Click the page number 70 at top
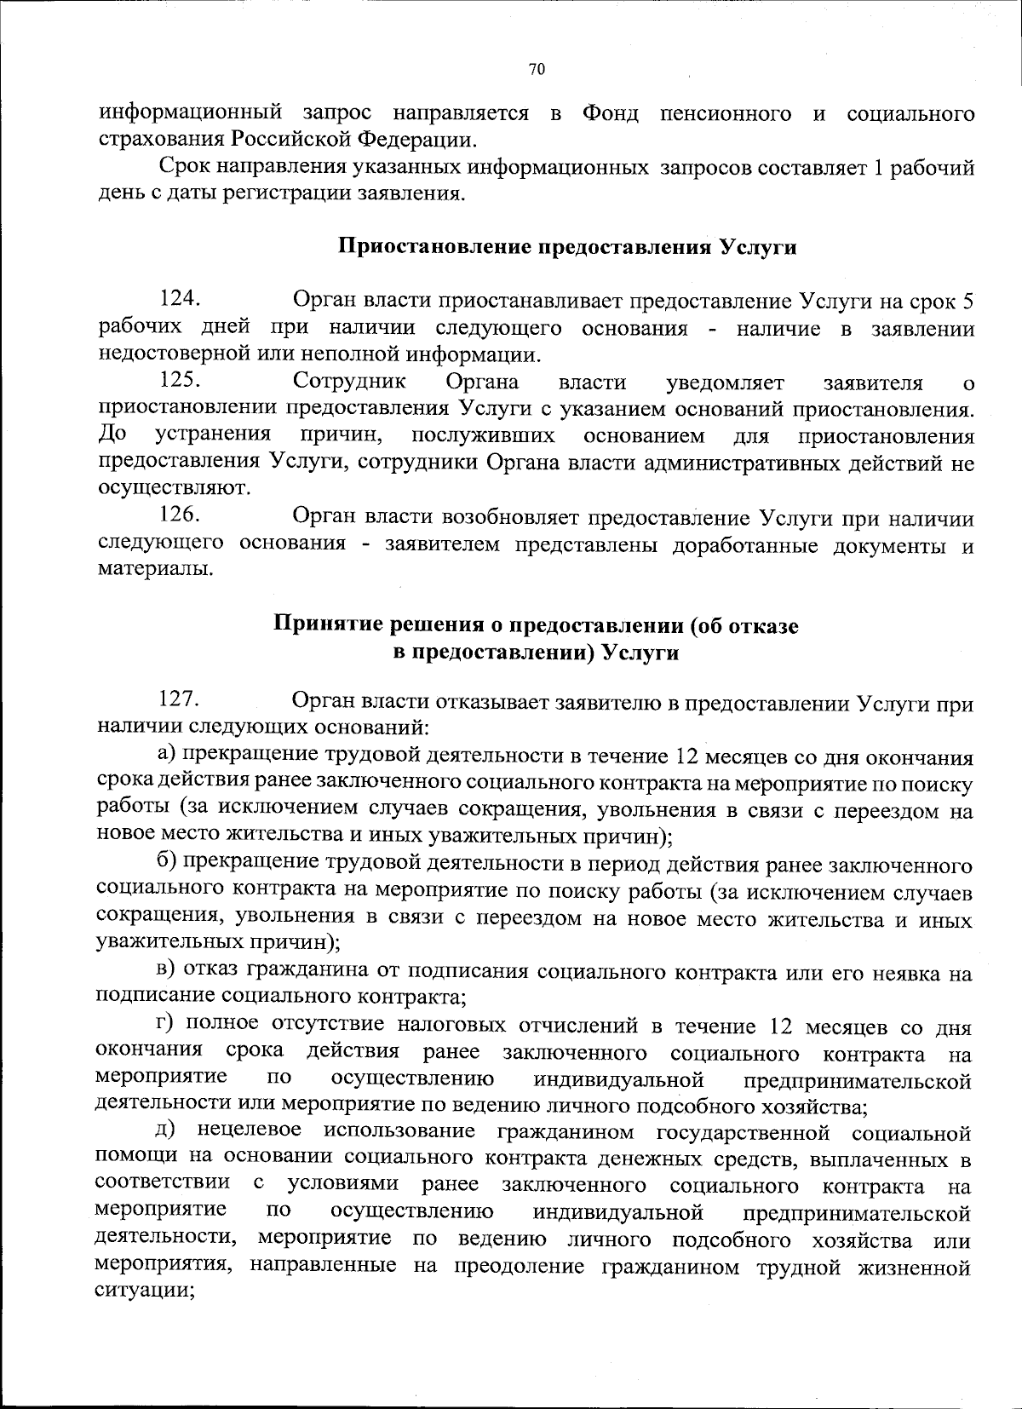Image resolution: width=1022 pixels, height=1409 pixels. pos(536,70)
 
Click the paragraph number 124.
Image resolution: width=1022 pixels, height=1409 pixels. pos(179,299)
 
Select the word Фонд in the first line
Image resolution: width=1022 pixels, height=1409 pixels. pos(610,112)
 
